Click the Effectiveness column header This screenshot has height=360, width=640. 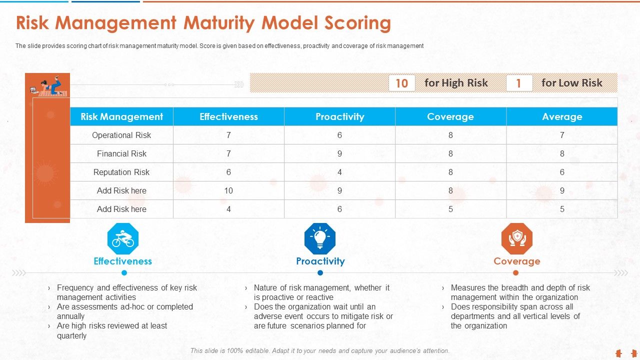click(x=228, y=116)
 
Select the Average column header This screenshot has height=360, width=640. click(x=562, y=116)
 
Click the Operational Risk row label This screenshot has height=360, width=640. click(x=121, y=135)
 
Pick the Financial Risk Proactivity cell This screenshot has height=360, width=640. click(x=339, y=153)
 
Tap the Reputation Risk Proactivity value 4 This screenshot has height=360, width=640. click(x=339, y=172)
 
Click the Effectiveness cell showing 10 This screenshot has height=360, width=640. click(x=228, y=190)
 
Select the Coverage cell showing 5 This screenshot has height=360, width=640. click(x=450, y=209)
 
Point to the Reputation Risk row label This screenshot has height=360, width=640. click(x=121, y=172)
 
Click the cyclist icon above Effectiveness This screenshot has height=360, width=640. click(x=123, y=238)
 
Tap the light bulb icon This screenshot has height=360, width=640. click(x=320, y=238)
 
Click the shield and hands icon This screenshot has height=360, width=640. click(x=517, y=238)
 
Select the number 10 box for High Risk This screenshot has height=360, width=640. click(x=401, y=83)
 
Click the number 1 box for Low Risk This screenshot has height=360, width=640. click(x=518, y=83)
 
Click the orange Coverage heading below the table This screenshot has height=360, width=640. click(x=516, y=261)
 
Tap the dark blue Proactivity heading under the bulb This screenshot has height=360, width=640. click(x=320, y=261)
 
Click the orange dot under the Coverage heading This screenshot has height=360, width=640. click(x=515, y=273)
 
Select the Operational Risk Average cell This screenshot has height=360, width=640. click(x=562, y=135)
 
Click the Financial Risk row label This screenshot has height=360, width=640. click(x=121, y=153)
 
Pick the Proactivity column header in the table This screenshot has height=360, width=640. click(x=339, y=116)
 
